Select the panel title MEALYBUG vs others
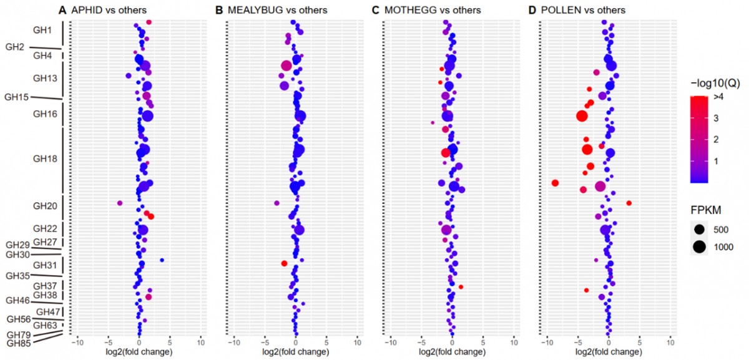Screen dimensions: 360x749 (x=270, y=11)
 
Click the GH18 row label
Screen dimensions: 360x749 (x=45, y=159)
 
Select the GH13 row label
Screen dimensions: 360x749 (x=45, y=79)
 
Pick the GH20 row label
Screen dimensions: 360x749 (x=45, y=206)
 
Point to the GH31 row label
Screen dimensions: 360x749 (x=45, y=266)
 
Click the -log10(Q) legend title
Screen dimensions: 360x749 (x=715, y=83)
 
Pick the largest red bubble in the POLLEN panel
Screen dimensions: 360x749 (x=582, y=116)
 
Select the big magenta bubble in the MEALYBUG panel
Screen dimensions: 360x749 (x=286, y=66)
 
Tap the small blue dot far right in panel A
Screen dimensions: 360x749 (x=162, y=260)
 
